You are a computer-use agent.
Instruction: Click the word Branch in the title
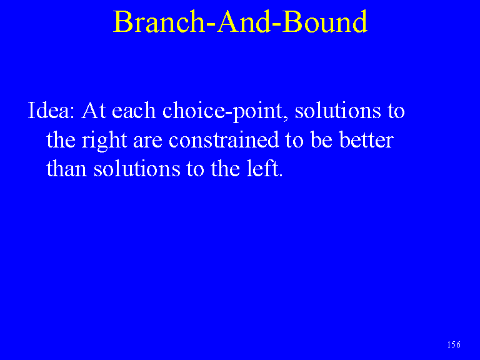[159, 21]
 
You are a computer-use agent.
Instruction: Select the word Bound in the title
[325, 21]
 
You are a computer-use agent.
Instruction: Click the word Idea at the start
[51, 110]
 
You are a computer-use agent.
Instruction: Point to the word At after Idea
[94, 110]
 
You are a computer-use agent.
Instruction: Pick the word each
[134, 110]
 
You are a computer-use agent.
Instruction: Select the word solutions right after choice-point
[337, 110]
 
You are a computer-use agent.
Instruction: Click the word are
[147, 142]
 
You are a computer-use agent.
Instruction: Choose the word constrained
[224, 139]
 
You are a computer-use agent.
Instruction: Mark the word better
[366, 139]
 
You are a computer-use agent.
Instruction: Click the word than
[66, 168]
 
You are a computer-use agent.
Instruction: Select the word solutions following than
[137, 168]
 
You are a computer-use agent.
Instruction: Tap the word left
[265, 168]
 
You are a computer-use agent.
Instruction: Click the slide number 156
[454, 345]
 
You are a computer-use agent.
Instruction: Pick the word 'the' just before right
[61, 139]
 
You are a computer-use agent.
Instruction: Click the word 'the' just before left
[225, 168]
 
